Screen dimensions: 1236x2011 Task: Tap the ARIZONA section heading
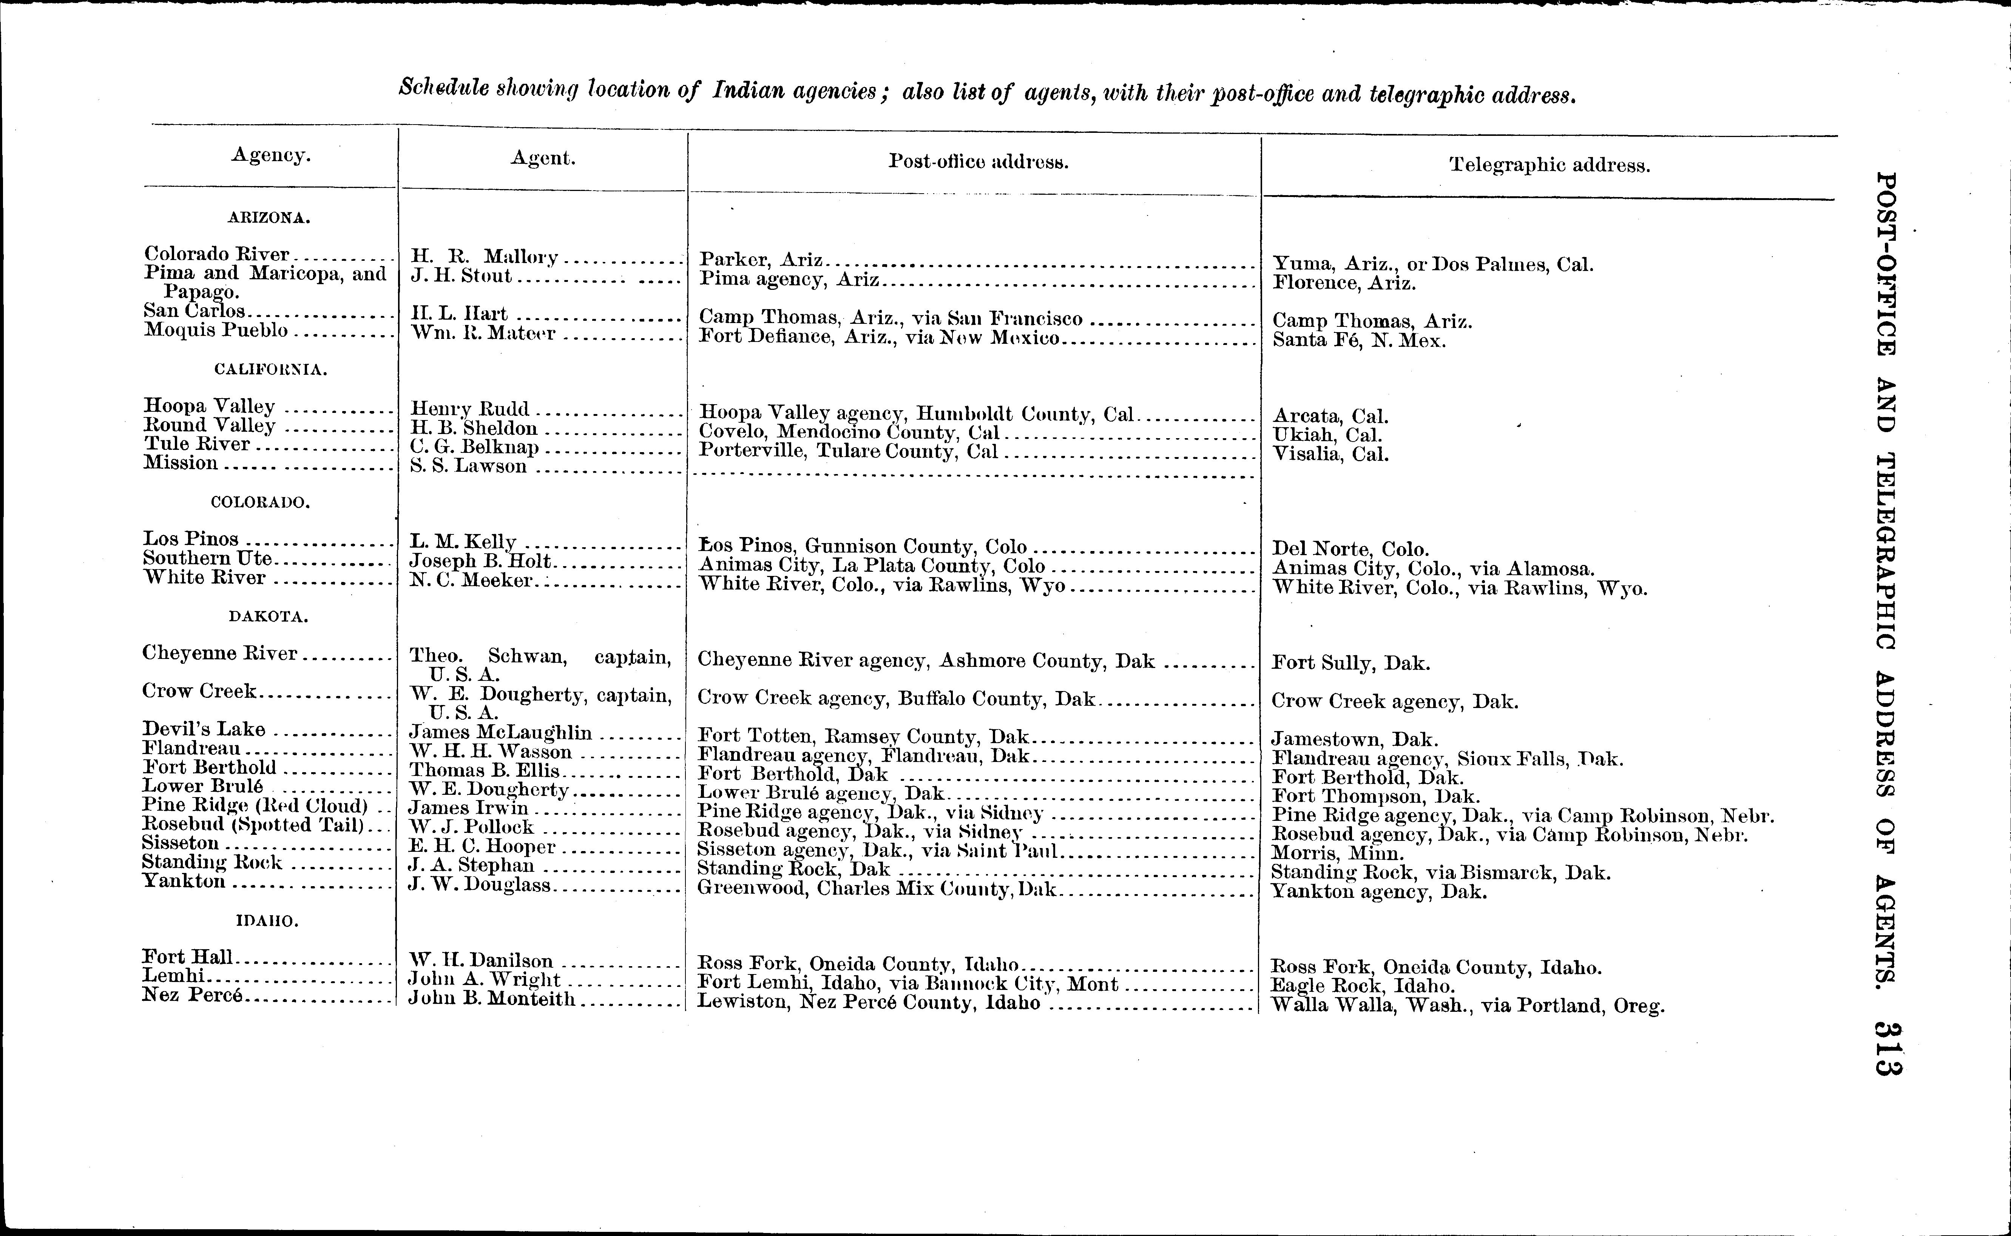269,218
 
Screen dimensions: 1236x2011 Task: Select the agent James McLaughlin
500,733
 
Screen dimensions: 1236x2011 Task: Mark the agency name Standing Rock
212,862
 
